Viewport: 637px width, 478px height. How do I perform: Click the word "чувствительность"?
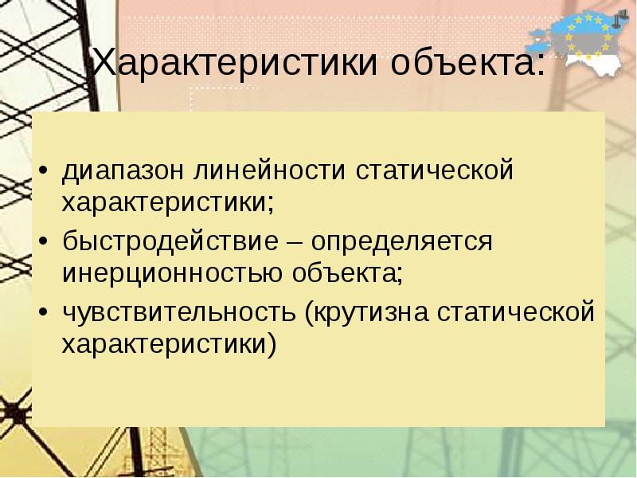(180, 311)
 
